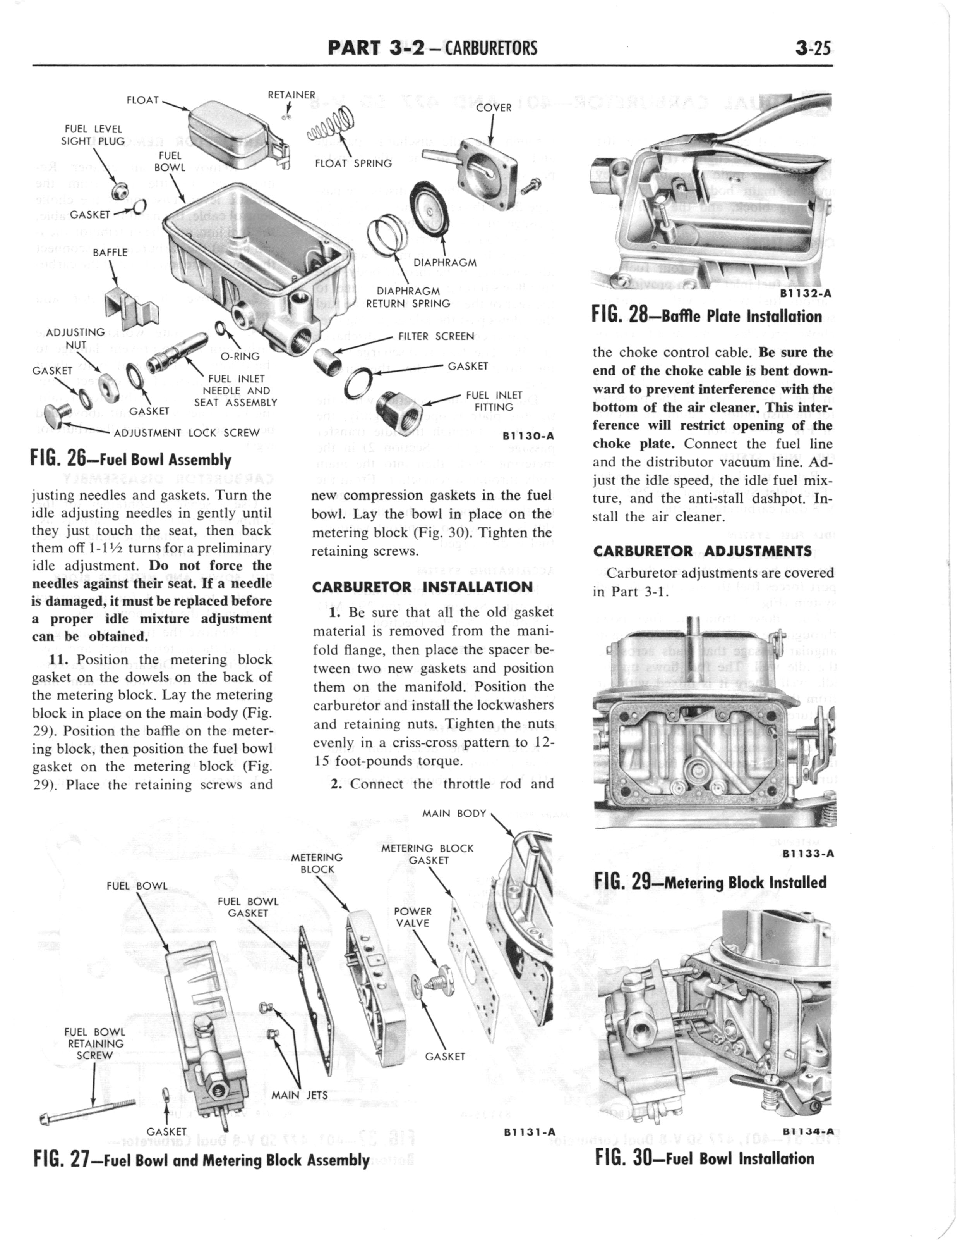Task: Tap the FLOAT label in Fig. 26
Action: pos(142,100)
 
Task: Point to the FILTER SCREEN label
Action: pos(436,336)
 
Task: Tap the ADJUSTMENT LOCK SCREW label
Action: pos(187,432)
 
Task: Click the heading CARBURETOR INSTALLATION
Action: pos(422,587)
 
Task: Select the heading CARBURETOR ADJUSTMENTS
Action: pos(702,551)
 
